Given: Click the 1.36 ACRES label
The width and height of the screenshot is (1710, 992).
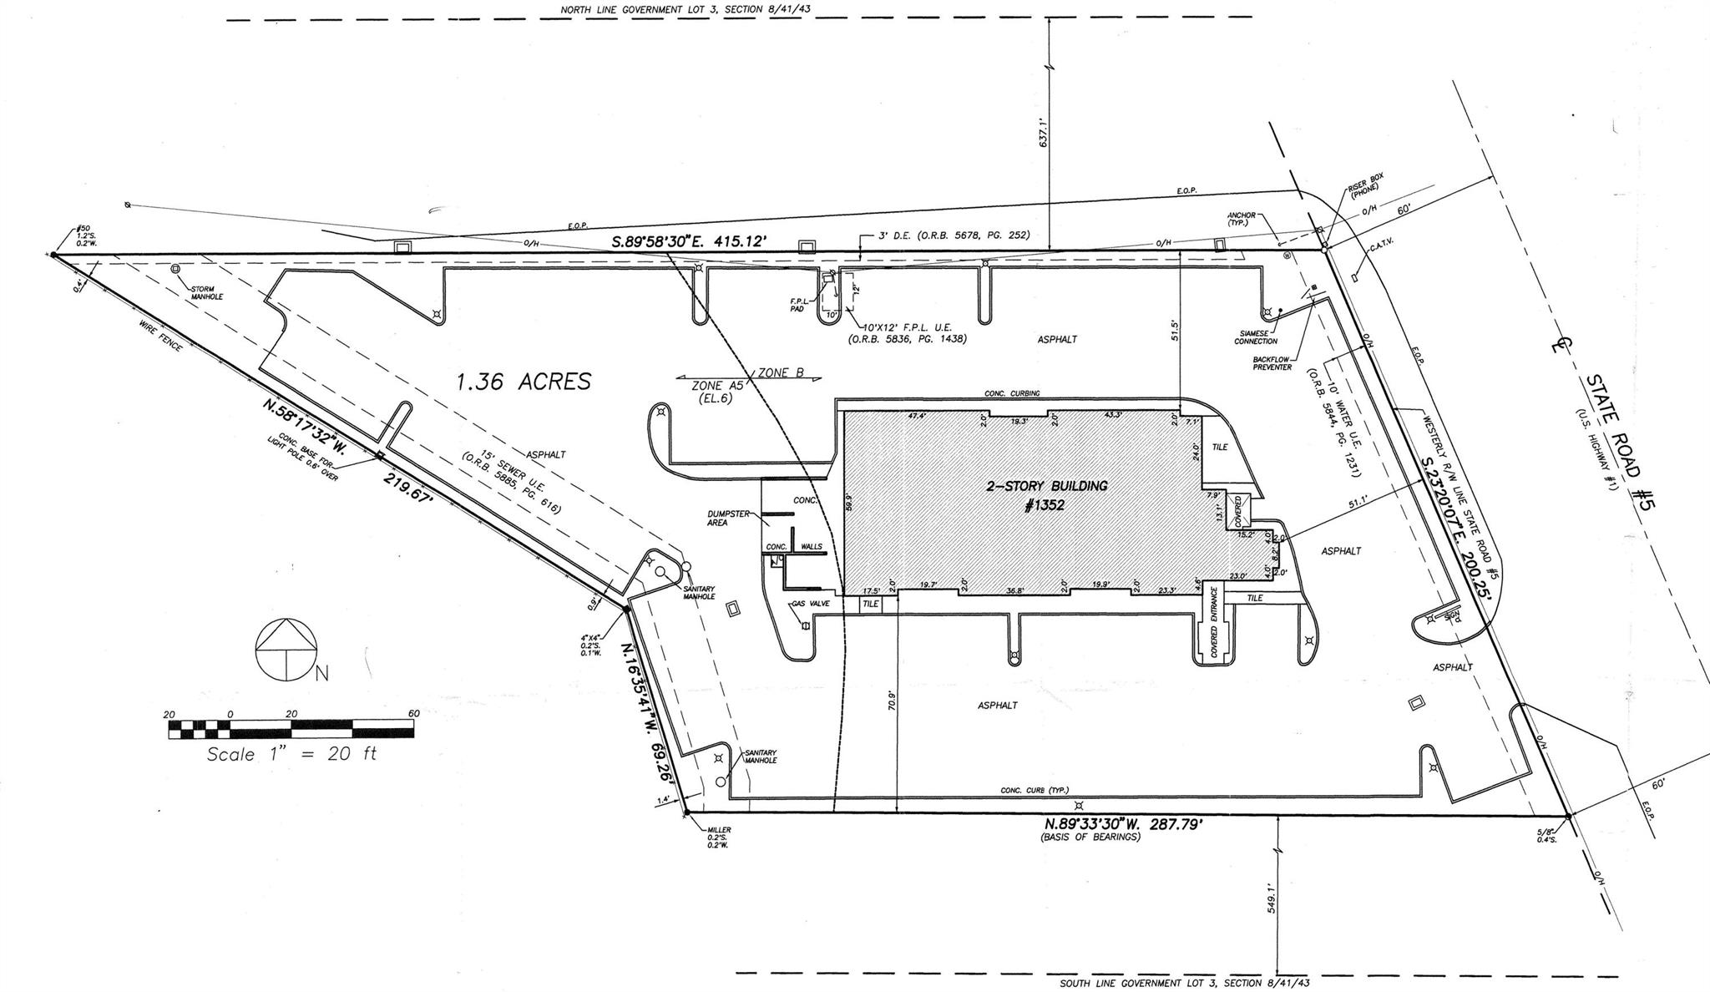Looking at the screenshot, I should tap(524, 382).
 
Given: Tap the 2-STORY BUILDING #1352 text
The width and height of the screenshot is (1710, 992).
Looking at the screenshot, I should tap(1046, 494).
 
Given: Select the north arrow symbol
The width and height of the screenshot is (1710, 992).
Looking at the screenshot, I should tap(286, 646).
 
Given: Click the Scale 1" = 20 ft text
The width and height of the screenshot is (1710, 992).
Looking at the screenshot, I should tap(291, 753).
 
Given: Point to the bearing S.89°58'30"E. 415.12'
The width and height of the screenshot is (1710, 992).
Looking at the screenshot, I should tap(689, 242).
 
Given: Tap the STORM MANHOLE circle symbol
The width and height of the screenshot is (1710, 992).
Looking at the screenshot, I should tap(175, 270).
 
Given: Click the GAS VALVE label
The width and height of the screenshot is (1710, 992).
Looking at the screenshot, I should tap(809, 603).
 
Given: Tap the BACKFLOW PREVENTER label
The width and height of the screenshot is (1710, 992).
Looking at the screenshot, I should tap(1272, 364).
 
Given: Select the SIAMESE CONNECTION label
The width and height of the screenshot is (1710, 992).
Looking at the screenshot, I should tap(1256, 337).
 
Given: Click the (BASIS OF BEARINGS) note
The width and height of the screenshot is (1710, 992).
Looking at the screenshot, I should tap(1090, 837).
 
